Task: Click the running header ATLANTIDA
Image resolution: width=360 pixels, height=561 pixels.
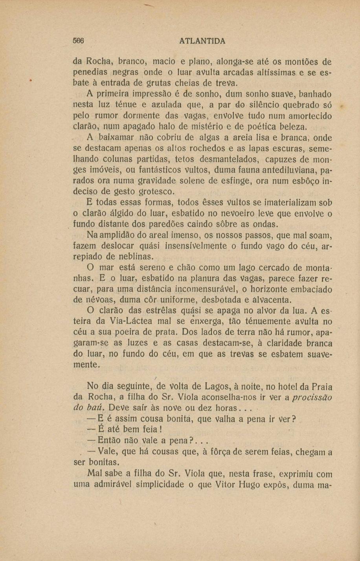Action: (x=202, y=41)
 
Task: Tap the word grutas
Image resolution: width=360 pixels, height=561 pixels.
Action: (x=154, y=83)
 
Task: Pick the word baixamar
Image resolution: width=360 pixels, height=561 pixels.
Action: (x=116, y=137)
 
